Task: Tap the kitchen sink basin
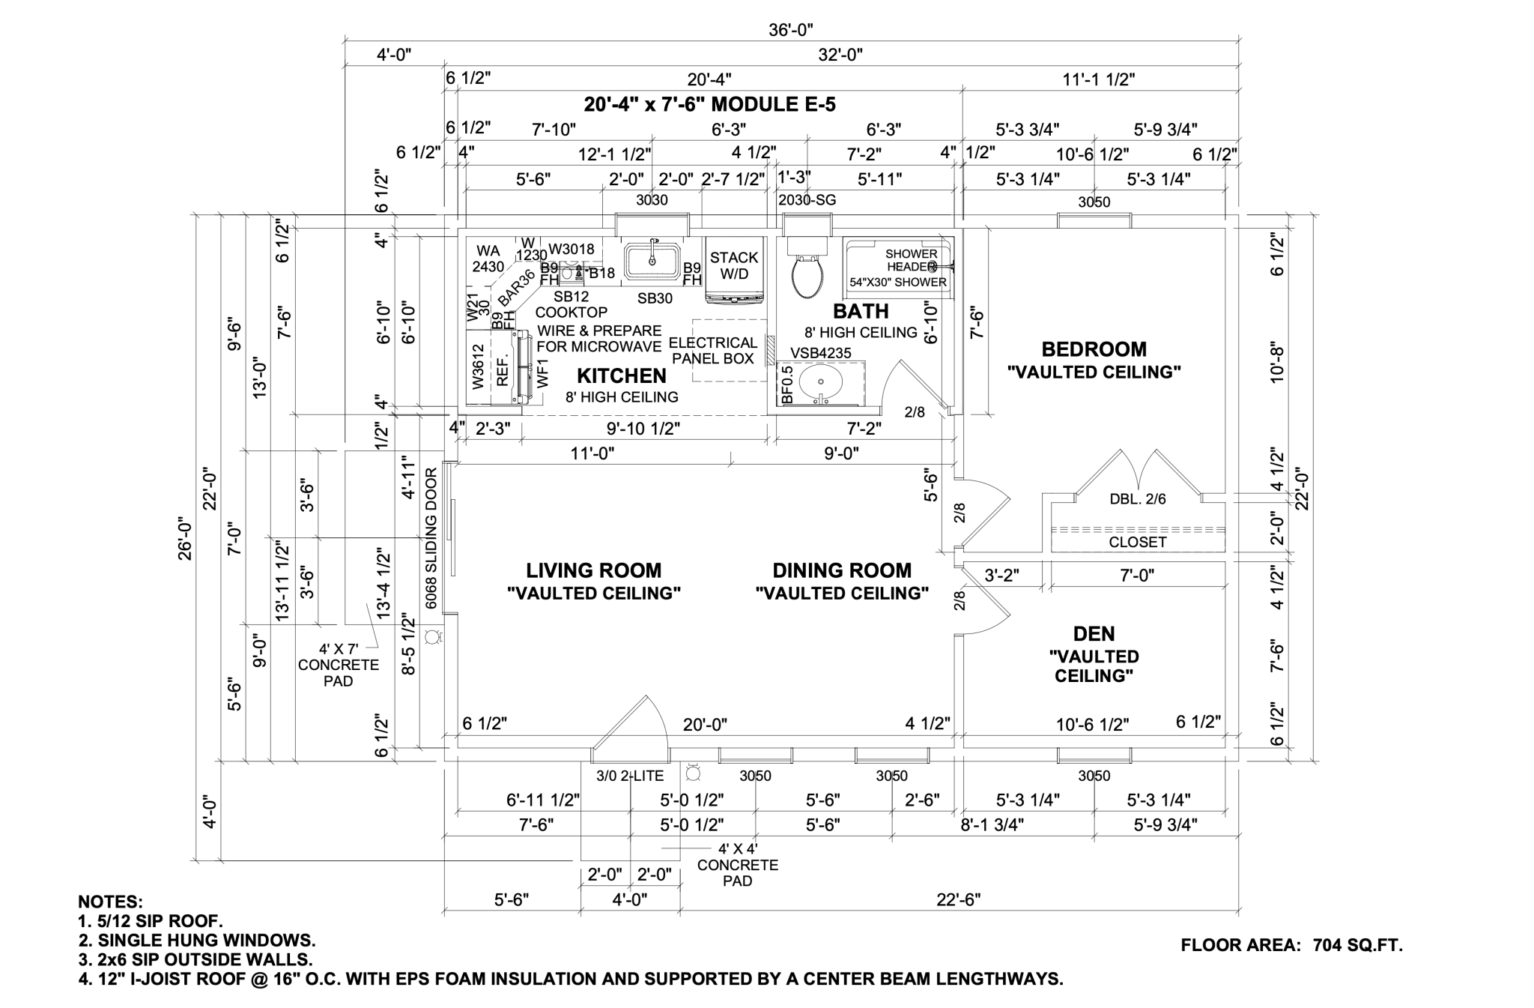pyautogui.click(x=652, y=259)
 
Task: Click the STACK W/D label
pyautogui.click(x=734, y=265)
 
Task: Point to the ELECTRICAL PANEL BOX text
pyautogui.click(x=712, y=351)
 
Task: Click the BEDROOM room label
pyautogui.click(x=1094, y=349)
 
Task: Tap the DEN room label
pyautogui.click(x=1094, y=634)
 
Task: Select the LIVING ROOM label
pyautogui.click(x=593, y=571)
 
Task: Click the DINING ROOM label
pyautogui.click(x=842, y=571)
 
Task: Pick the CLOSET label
pyautogui.click(x=1137, y=542)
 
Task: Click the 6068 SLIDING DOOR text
pyautogui.click(x=431, y=538)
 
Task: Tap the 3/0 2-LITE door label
pyautogui.click(x=630, y=776)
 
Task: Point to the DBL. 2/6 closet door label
pyautogui.click(x=1137, y=499)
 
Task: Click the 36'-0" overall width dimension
pyautogui.click(x=790, y=29)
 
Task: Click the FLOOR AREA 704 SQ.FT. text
pyautogui.click(x=1291, y=945)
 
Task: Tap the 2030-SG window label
pyautogui.click(x=807, y=200)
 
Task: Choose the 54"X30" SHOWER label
pyautogui.click(x=897, y=283)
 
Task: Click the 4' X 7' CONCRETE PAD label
pyautogui.click(x=339, y=665)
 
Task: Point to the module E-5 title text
pyautogui.click(x=709, y=104)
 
